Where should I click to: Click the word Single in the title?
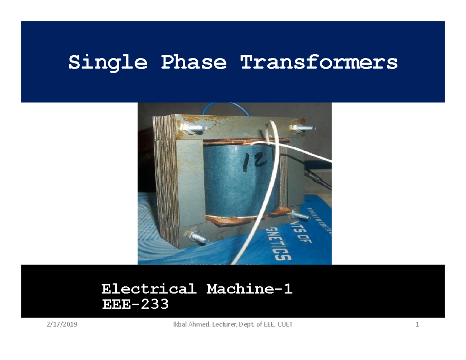[108, 62]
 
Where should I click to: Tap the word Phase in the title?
[193, 62]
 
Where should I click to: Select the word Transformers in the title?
[319, 62]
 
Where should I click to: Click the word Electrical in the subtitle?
[148, 289]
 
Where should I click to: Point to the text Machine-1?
[249, 289]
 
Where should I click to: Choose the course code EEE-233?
[135, 304]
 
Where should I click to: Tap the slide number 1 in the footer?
[417, 325]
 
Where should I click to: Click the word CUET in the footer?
[284, 325]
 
